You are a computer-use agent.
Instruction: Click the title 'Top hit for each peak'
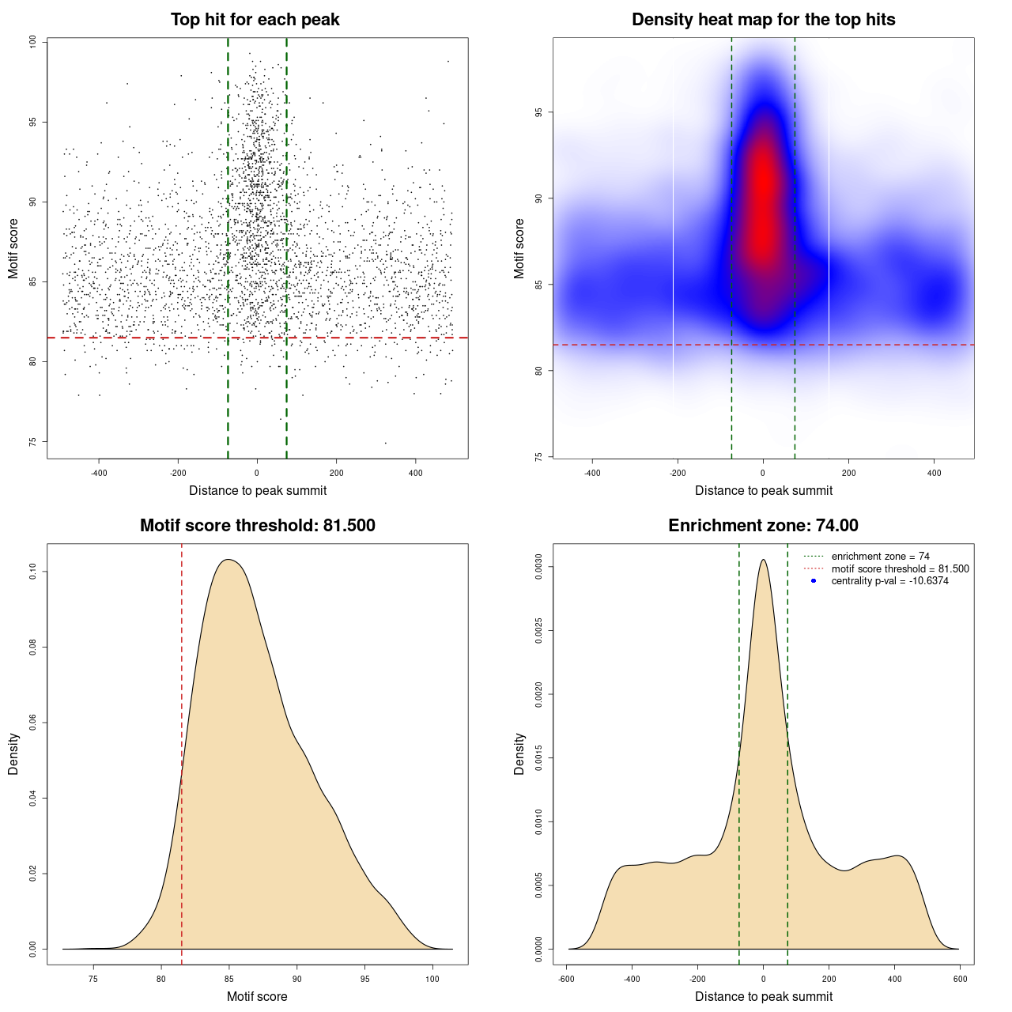(255, 20)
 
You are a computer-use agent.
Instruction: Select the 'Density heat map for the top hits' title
(763, 20)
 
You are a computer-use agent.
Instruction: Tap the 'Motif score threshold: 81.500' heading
(257, 526)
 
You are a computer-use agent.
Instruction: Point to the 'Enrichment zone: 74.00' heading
(763, 526)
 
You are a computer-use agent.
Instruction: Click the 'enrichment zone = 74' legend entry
(880, 557)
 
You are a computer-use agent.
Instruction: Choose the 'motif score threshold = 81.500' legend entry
(900, 568)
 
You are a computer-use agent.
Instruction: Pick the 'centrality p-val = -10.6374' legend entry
(889, 581)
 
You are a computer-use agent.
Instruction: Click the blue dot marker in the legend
(814, 581)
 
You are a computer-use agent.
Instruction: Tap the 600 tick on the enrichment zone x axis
(960, 979)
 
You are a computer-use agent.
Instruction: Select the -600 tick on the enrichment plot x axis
(566, 979)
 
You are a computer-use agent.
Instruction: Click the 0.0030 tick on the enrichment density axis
(539, 567)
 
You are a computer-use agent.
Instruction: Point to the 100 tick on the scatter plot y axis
(33, 42)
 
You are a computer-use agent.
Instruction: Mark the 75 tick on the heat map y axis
(539, 456)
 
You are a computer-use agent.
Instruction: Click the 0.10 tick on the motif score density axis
(33, 572)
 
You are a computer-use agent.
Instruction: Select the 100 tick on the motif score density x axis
(432, 979)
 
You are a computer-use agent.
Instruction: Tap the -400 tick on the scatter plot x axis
(99, 473)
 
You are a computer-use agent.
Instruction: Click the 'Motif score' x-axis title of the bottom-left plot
(257, 996)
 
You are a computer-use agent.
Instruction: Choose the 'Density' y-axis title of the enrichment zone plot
(519, 753)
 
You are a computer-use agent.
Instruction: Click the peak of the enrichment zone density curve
(763, 560)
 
